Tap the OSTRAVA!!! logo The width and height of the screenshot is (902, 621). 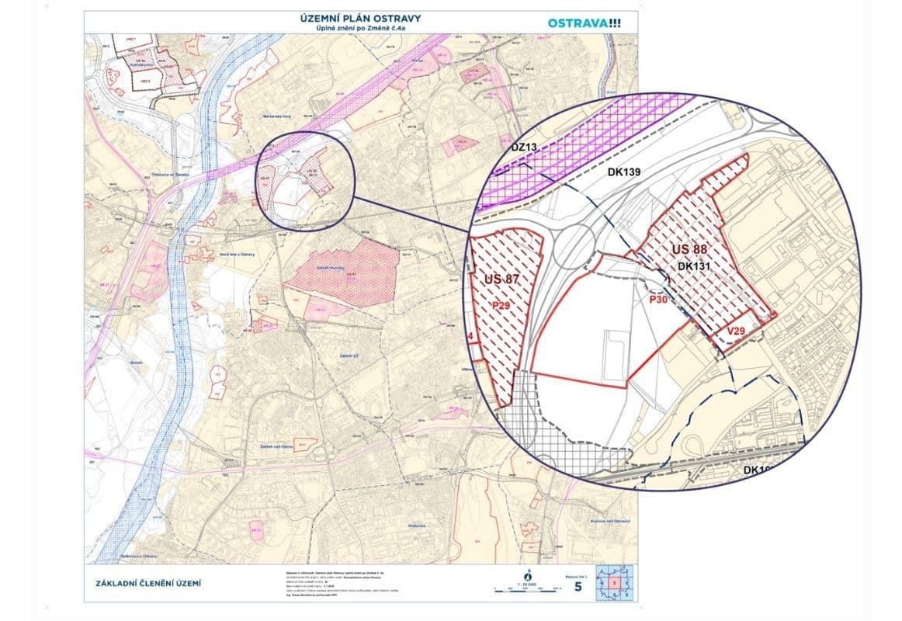(584, 23)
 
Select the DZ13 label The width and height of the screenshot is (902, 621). (525, 147)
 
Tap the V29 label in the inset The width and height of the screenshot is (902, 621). (737, 331)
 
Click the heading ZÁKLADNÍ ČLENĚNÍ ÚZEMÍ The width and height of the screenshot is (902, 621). (151, 583)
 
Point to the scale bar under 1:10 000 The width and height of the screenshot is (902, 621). (528, 590)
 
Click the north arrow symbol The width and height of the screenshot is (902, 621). (528, 576)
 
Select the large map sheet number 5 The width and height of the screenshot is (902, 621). (578, 586)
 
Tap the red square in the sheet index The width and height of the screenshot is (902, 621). (613, 582)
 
